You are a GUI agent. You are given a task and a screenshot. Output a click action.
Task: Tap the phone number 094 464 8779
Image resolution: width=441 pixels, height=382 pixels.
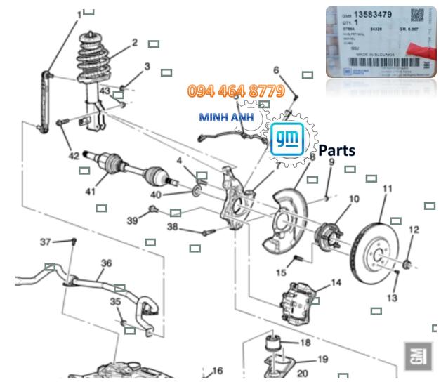[235, 91]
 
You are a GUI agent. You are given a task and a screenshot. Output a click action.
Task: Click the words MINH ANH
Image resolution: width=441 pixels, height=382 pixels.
[227, 117]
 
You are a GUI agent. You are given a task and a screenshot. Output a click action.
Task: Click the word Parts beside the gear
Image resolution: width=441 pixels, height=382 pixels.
[336, 150]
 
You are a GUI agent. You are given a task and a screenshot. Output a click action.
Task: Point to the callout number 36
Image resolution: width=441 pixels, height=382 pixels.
[106, 264]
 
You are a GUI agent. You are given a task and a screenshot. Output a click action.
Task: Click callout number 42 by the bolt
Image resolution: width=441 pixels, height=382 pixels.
[74, 156]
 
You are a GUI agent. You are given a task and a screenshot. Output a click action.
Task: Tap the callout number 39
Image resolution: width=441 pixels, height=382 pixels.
[132, 220]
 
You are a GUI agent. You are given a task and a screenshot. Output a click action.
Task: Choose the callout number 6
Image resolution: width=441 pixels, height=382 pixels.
[276, 70]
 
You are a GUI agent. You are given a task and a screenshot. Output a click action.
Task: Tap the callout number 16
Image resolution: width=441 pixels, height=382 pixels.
[217, 370]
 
